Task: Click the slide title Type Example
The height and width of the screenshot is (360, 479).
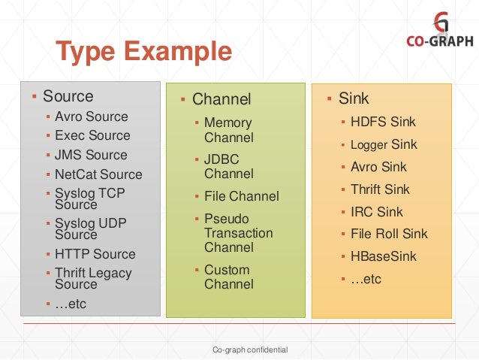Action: tap(144, 53)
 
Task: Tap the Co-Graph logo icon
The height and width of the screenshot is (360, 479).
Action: tap(441, 21)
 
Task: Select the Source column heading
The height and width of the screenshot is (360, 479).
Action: tap(68, 96)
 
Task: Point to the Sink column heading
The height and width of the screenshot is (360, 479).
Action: tap(354, 98)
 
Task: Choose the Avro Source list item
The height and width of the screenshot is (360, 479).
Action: tap(91, 116)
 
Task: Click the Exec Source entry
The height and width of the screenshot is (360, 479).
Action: tap(92, 135)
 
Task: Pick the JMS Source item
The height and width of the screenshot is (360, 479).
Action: tap(91, 155)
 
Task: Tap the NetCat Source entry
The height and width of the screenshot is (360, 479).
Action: tap(98, 174)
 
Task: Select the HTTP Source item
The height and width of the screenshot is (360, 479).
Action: tap(95, 254)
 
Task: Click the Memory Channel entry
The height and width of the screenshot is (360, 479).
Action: tap(228, 130)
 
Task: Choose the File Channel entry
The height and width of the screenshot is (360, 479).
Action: tap(241, 197)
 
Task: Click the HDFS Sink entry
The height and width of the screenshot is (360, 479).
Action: tap(383, 121)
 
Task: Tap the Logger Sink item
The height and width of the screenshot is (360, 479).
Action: tap(383, 144)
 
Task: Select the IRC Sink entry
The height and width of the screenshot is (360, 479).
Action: tap(376, 212)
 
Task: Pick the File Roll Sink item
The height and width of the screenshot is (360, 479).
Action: tap(389, 234)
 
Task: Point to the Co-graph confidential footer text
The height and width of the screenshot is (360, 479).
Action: tap(250, 350)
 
